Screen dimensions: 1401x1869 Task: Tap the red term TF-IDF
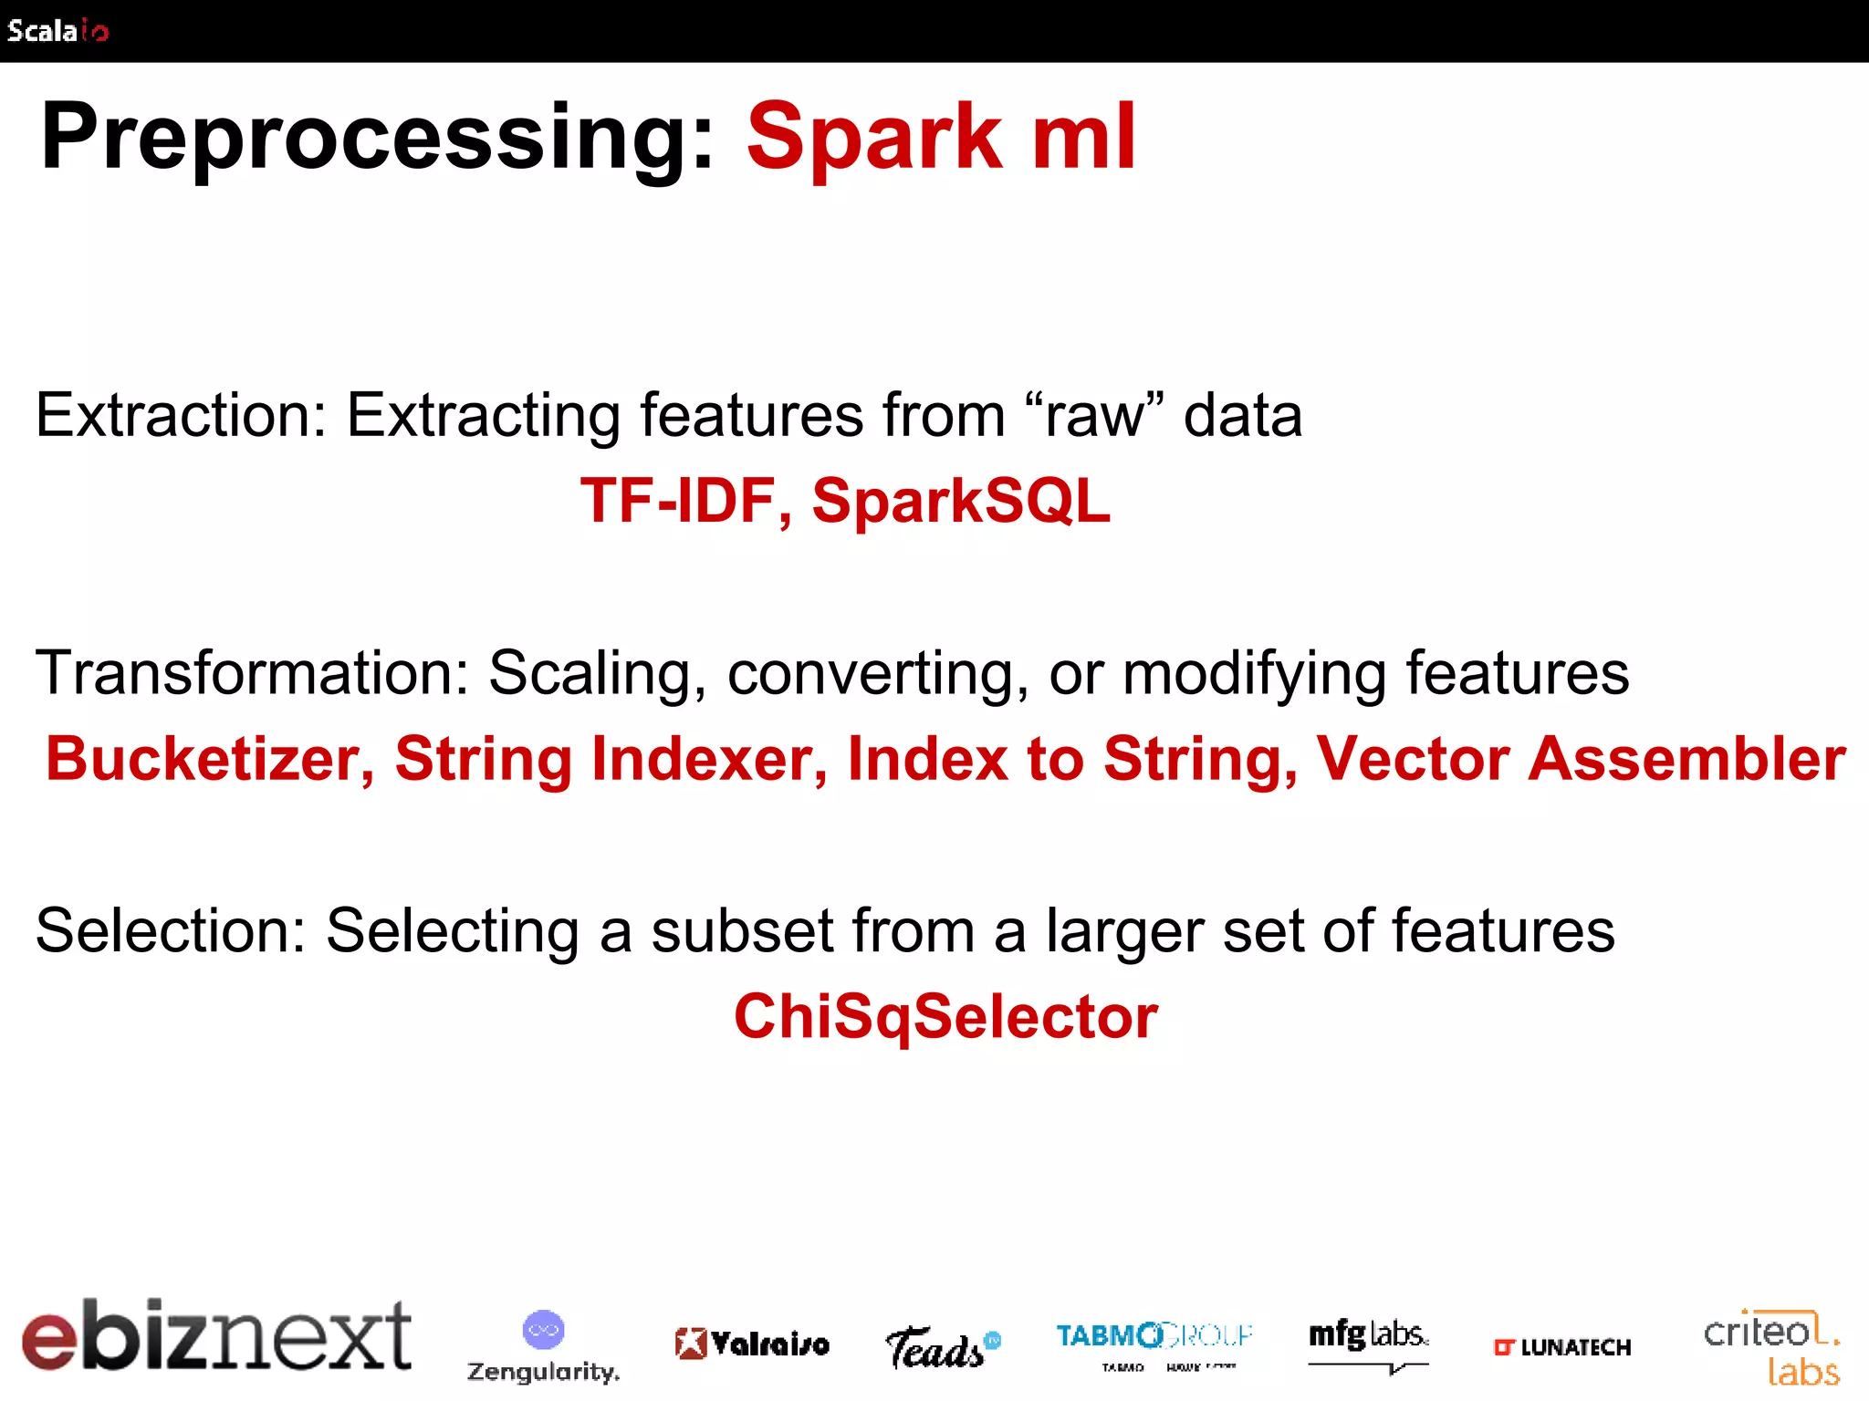click(x=677, y=501)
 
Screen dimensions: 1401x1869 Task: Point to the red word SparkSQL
click(x=961, y=501)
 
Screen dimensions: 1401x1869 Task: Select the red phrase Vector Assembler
click(x=1580, y=759)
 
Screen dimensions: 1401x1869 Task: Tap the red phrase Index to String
click(x=1072, y=759)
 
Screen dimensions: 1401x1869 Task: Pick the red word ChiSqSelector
click(x=945, y=1016)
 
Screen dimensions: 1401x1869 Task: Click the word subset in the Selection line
click(x=742, y=931)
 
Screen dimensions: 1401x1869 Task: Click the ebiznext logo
click(x=216, y=1335)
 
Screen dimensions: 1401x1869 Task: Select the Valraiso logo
click(x=752, y=1344)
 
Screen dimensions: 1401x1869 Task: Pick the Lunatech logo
click(x=1561, y=1347)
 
